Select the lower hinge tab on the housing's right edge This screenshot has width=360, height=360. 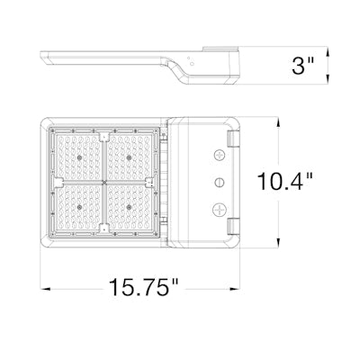pos(236,227)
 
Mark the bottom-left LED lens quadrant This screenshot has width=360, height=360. pos(79,209)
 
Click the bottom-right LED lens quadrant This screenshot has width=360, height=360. pos(131,209)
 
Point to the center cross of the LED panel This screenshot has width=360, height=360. pos(105,181)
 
